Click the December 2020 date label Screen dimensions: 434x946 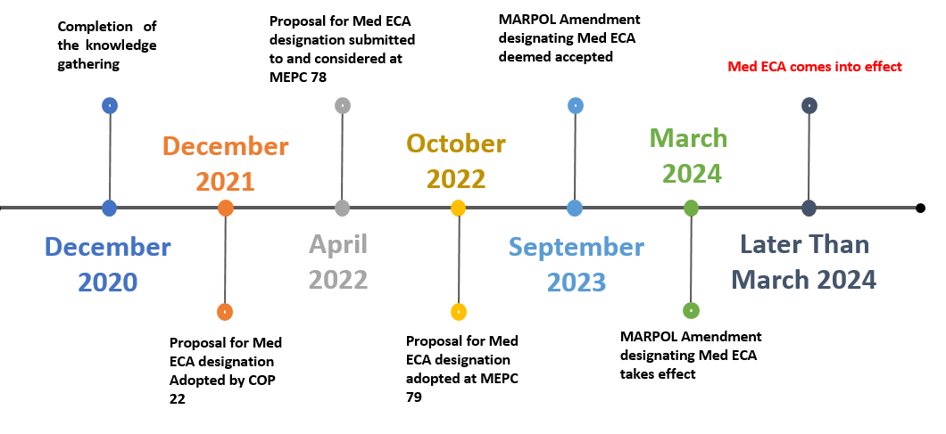(x=107, y=264)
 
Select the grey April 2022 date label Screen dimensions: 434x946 (x=338, y=261)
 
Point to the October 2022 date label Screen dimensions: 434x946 (x=456, y=160)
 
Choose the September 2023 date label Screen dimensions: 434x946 (x=576, y=264)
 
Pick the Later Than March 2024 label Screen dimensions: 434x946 (x=803, y=262)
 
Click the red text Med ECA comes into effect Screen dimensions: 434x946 (x=815, y=67)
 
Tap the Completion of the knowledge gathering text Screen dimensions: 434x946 (x=106, y=44)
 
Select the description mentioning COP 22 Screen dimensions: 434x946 (x=226, y=369)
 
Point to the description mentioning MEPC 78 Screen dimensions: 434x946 (x=342, y=47)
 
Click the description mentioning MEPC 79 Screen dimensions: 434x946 (x=461, y=368)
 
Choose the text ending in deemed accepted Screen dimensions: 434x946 (x=569, y=37)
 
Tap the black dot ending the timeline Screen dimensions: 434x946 (x=920, y=209)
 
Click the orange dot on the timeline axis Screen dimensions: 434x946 (x=225, y=209)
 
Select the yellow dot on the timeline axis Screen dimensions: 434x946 (x=458, y=209)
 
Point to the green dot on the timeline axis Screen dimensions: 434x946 (x=691, y=209)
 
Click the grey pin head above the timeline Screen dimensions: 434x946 (x=343, y=105)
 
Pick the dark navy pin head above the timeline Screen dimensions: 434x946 (x=809, y=105)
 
